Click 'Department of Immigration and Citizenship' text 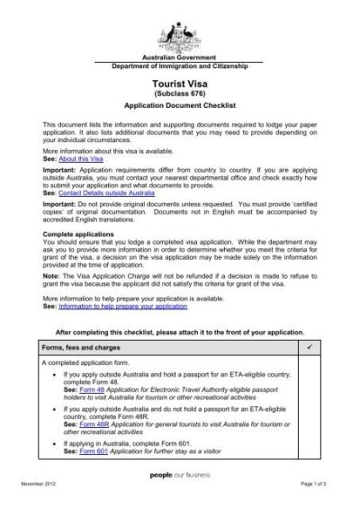click(x=176, y=67)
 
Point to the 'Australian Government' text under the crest click(x=176, y=57)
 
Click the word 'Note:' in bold click(x=51, y=271)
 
